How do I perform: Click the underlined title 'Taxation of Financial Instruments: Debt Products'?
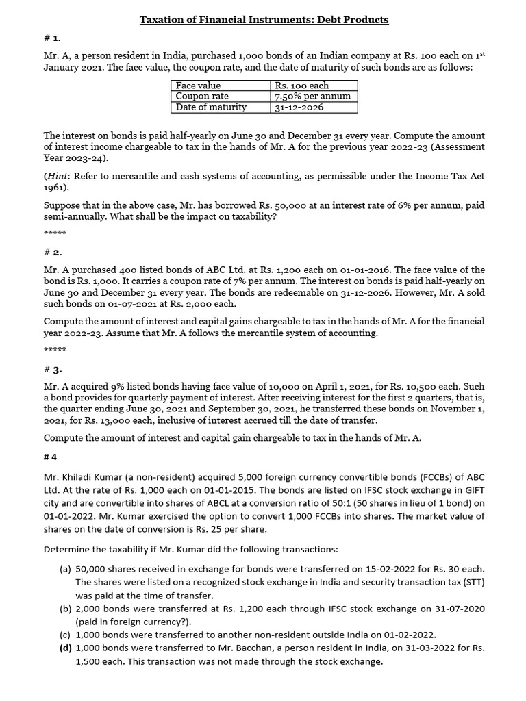click(x=264, y=20)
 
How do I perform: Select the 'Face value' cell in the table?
click(x=198, y=86)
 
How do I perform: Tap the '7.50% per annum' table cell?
click(x=312, y=97)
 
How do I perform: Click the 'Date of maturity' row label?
click(x=211, y=107)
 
